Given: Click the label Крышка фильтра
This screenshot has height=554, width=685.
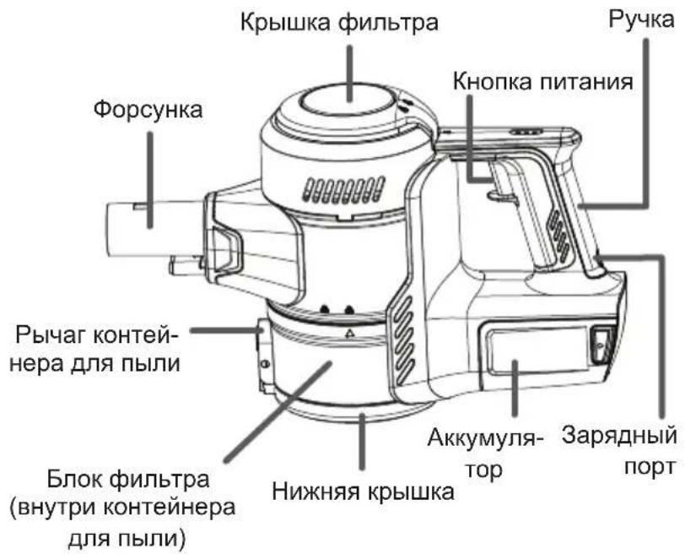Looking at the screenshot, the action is click(x=339, y=22).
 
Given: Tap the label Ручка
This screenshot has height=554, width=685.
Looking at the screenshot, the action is click(x=641, y=20).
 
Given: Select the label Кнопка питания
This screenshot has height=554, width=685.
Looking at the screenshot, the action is click(x=543, y=82).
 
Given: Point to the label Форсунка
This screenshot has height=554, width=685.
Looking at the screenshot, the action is click(x=148, y=109).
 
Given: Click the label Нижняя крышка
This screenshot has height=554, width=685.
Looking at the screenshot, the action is click(x=363, y=492).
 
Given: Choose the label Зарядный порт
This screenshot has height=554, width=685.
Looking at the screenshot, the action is click(x=619, y=451).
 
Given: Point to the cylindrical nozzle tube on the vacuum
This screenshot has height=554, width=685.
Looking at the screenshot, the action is click(x=155, y=227).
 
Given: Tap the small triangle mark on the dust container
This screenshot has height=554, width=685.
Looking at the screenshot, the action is click(x=349, y=334).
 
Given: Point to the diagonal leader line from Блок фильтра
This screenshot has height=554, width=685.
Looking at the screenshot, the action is click(x=278, y=412).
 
